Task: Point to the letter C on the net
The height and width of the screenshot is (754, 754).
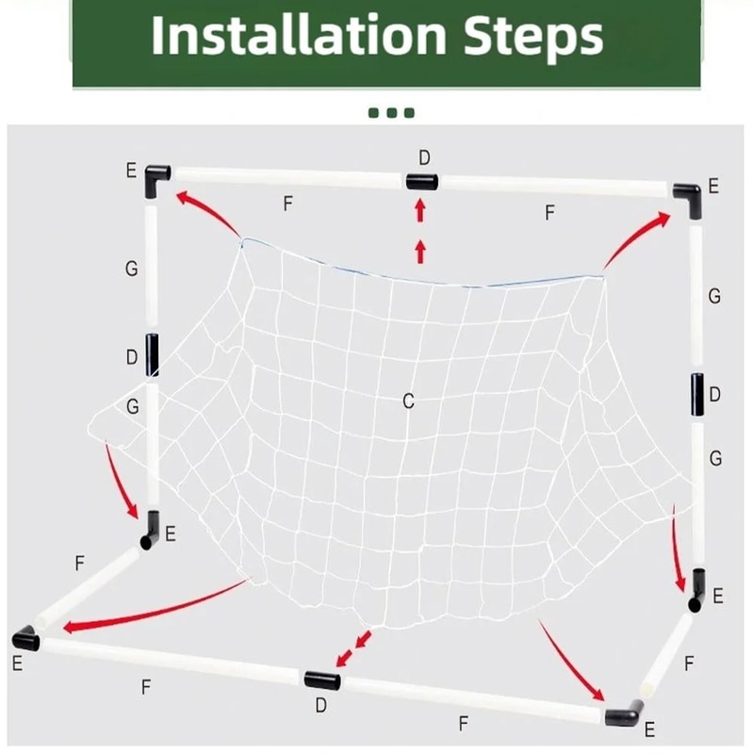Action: tap(408, 402)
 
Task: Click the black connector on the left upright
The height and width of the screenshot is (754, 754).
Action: tap(152, 355)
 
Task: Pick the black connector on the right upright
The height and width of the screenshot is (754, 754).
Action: tap(697, 395)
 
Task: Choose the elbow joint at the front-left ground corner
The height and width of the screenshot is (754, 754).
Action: tap(26, 639)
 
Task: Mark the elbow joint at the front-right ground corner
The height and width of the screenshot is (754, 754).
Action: tap(621, 717)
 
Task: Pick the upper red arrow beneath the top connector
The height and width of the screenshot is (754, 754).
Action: tap(420, 212)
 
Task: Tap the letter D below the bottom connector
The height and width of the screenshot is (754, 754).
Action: tap(320, 705)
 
